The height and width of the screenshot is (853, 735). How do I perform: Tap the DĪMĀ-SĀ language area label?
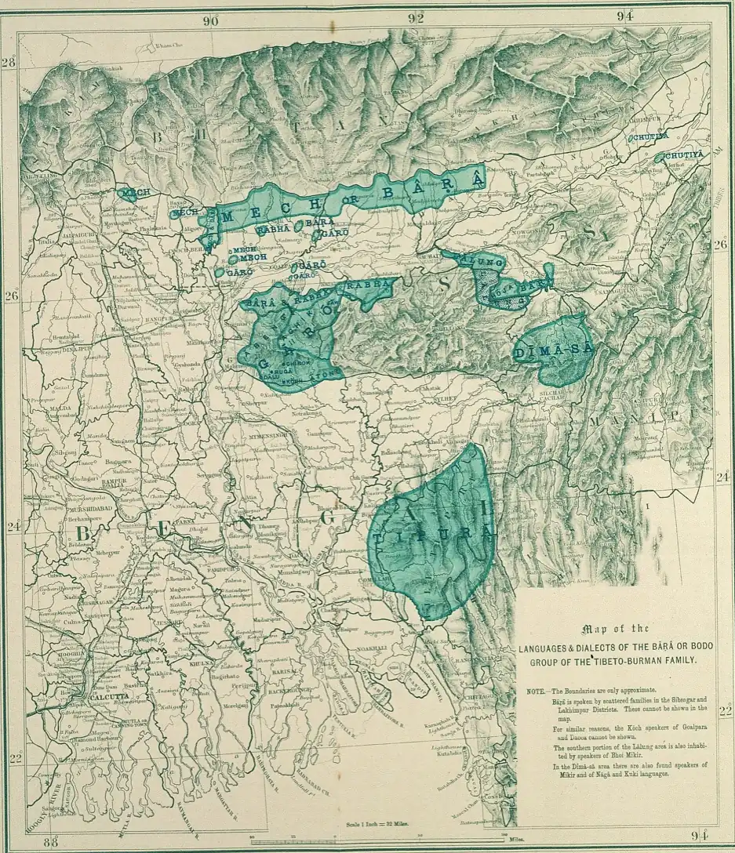click(x=552, y=352)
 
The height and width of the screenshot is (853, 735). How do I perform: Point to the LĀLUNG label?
click(x=472, y=258)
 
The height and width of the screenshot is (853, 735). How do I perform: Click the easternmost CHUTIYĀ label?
click(x=683, y=156)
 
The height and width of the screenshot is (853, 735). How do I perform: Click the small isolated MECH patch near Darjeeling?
click(x=134, y=192)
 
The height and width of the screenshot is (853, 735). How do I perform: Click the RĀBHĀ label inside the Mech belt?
click(x=272, y=230)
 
